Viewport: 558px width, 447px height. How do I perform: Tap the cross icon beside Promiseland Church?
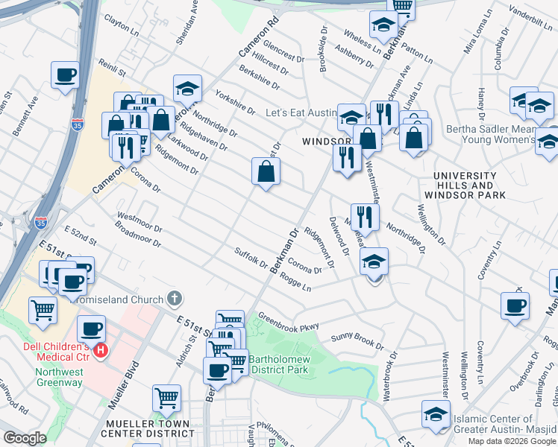point(175,299)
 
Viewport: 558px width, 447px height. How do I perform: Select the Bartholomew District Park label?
point(278,364)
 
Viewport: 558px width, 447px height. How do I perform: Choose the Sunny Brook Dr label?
point(357,341)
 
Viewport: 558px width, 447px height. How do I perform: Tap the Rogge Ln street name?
point(295,280)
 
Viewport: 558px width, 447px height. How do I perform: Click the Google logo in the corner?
point(25,438)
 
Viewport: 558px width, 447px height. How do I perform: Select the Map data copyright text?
point(511,441)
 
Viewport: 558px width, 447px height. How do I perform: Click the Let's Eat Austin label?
point(303,112)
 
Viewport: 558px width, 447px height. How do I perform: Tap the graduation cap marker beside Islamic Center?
point(436,414)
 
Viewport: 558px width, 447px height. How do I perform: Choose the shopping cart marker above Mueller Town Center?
point(166,399)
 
